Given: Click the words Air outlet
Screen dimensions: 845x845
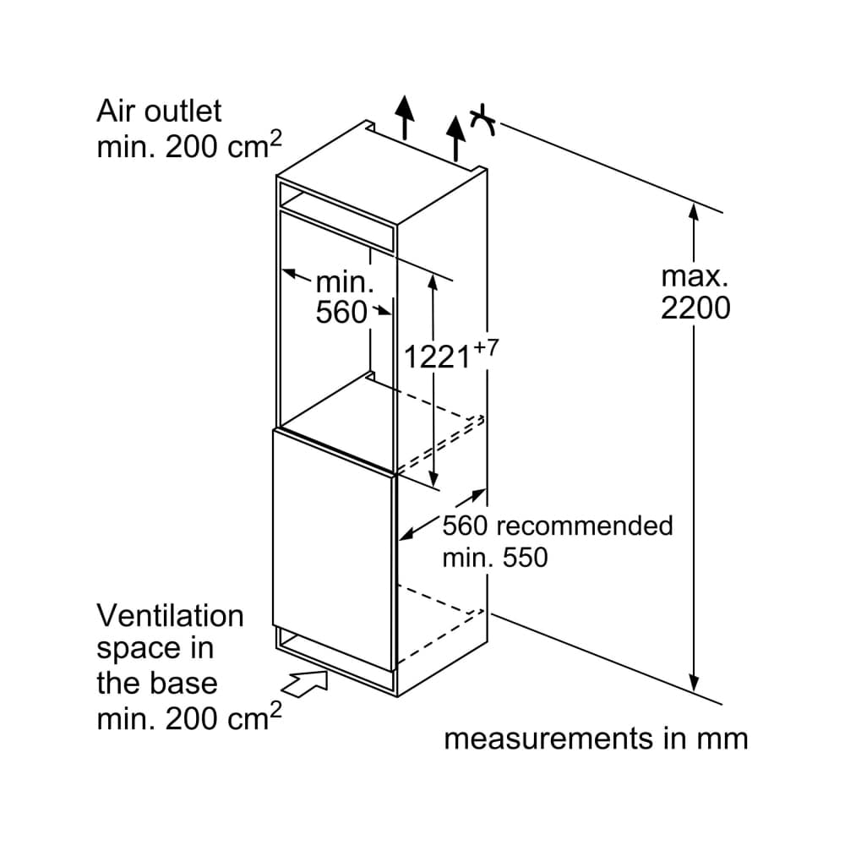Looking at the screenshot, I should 159,111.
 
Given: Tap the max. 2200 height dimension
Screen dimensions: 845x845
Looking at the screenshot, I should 695,292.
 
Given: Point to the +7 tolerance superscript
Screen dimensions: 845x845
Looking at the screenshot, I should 482,346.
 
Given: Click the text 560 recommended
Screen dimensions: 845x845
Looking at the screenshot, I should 558,526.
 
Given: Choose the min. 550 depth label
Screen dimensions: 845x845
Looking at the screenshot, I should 495,558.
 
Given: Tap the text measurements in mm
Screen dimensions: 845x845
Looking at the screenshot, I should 596,739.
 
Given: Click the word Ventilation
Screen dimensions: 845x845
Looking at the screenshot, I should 170,616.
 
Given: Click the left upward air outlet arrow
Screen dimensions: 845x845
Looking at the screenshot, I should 406,117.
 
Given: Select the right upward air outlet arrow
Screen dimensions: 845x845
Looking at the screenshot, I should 456,135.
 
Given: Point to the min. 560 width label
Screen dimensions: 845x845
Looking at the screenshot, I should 343,297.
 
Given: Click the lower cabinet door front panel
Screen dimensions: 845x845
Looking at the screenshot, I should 334,541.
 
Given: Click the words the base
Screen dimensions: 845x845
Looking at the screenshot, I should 156,683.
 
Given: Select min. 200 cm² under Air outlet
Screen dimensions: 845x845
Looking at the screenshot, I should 188,147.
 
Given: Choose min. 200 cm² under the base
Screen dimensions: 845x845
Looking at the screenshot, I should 188,719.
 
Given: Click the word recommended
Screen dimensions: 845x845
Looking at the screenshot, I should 584,526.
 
